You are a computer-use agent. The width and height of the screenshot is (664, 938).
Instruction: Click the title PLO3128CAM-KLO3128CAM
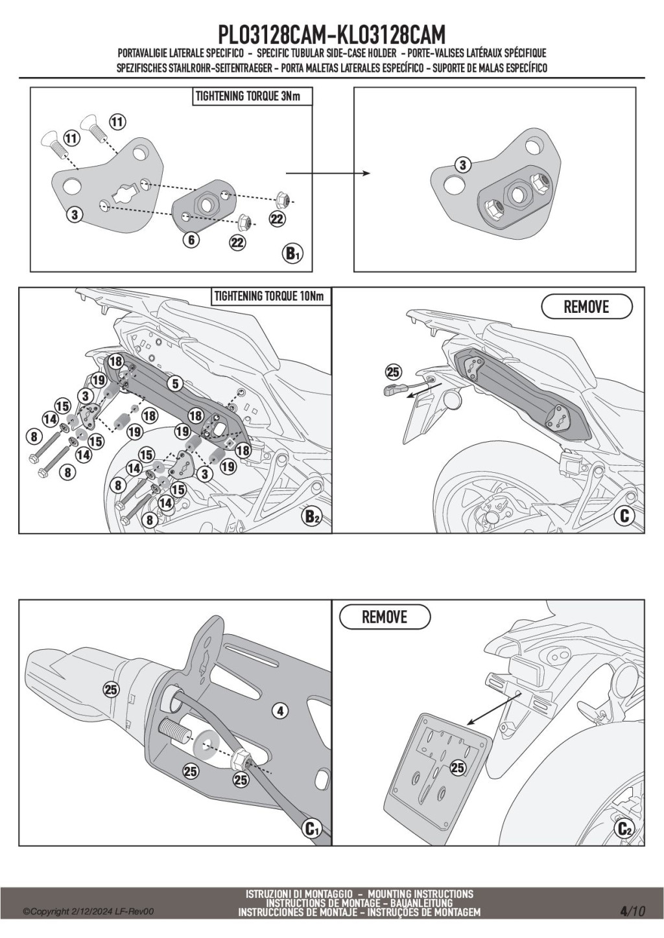coord(332,34)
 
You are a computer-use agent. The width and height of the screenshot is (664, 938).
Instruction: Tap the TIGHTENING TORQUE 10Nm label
coord(268,296)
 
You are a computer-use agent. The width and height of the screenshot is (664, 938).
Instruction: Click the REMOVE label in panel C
coord(586,306)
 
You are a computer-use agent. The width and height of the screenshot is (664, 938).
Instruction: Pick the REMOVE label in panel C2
coord(385,617)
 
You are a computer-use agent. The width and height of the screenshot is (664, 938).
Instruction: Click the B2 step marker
coord(313,516)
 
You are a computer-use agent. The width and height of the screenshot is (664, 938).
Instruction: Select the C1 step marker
coord(313,828)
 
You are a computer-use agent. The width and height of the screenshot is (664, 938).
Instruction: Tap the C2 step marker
coord(625,828)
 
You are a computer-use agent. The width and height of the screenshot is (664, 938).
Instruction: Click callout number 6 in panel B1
coord(191,240)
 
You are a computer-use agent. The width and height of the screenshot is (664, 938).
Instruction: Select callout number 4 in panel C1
coord(280,711)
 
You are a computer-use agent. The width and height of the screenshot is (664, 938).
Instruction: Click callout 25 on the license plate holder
coord(458,768)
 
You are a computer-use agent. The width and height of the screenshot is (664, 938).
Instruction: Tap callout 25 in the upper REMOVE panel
coord(393,372)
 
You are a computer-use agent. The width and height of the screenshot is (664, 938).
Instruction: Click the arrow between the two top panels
coord(327,173)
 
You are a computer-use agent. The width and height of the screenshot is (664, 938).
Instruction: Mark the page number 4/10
coord(633,911)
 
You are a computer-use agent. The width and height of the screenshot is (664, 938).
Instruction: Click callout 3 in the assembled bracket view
coord(462,165)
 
